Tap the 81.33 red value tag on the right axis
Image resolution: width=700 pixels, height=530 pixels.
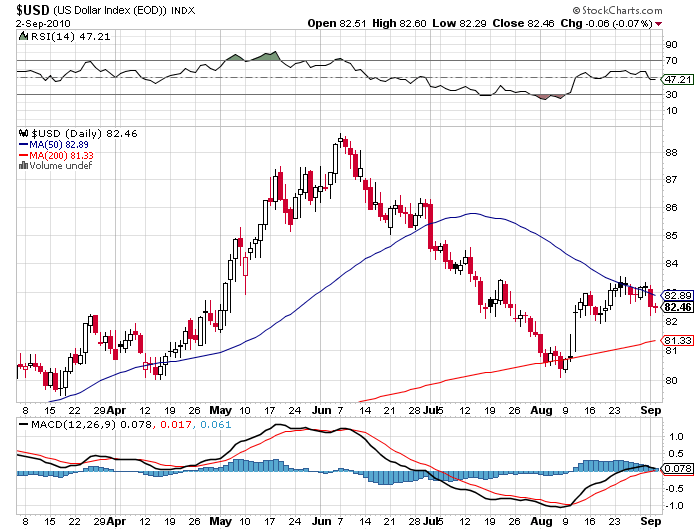672,342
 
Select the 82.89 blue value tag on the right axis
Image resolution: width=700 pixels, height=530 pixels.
672,296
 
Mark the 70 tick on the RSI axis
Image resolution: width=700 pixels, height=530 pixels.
670,61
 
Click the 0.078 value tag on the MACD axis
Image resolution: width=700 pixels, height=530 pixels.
676,468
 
